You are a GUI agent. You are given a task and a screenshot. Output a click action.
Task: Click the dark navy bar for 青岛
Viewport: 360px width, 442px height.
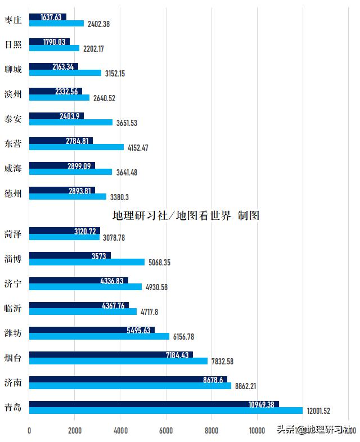(154, 404)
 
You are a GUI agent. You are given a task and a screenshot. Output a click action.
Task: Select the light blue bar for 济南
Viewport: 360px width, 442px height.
(130, 386)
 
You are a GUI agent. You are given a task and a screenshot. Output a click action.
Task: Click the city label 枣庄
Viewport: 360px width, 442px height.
(13, 20)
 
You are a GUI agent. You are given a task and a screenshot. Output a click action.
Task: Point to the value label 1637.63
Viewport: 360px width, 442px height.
(51, 17)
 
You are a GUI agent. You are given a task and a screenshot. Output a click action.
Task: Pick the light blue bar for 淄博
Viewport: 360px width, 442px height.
(87, 262)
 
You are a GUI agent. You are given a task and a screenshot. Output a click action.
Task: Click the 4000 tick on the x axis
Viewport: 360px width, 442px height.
(120, 430)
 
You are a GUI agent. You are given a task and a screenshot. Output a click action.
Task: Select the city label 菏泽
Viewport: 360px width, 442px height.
(13, 234)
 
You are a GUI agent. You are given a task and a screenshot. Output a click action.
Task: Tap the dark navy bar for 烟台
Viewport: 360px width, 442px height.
(111, 354)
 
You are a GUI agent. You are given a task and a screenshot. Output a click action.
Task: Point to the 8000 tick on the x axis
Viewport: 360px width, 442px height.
(211, 430)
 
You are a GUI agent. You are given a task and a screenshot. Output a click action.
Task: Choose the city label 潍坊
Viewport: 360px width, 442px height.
(13, 333)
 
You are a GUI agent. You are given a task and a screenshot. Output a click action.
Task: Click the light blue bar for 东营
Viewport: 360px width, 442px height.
(76, 147)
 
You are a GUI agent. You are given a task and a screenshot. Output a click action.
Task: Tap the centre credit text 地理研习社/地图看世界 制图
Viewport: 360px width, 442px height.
(186, 215)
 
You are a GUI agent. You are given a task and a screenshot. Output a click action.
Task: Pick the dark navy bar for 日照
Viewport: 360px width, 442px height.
(49, 42)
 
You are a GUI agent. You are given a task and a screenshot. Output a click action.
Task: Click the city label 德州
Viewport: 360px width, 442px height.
(13, 193)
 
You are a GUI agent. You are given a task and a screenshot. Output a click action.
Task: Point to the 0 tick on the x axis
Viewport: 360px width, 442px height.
(29, 430)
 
